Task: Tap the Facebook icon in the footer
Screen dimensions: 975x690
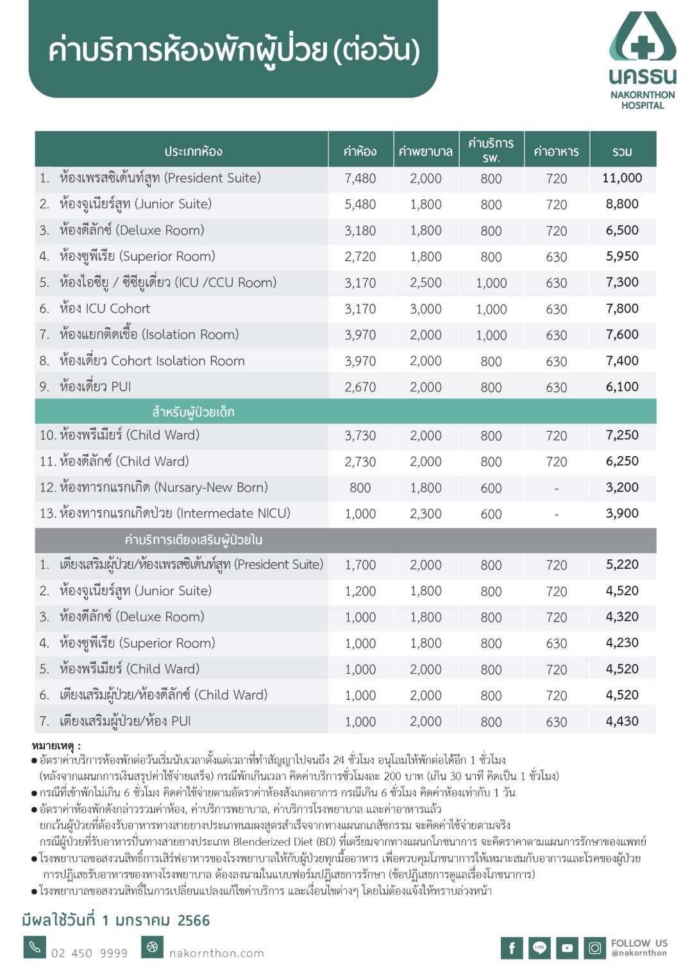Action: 512,947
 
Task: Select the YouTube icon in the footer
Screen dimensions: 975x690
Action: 567,947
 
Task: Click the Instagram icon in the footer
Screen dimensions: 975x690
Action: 594,947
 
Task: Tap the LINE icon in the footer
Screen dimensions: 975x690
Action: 539,947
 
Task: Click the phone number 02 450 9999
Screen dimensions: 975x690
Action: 89,953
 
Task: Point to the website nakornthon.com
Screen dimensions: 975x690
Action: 217,953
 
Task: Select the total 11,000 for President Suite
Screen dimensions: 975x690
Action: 621,178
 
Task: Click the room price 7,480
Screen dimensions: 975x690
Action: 360,179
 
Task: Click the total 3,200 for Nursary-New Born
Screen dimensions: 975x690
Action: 622,487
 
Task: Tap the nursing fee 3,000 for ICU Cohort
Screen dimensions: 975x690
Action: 426,309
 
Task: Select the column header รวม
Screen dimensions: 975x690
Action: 622,152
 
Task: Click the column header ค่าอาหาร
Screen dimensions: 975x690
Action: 556,152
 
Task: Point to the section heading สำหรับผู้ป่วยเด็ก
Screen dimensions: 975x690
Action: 193,412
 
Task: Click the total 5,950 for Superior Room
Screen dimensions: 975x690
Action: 622,256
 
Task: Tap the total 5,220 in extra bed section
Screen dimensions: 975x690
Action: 622,564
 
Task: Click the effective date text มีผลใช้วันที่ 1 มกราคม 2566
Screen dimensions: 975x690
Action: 116,921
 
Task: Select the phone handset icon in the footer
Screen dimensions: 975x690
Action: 35,947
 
